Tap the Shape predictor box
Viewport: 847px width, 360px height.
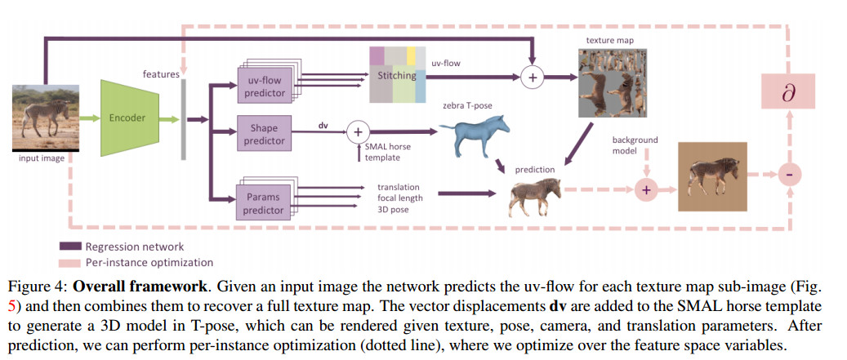click(265, 134)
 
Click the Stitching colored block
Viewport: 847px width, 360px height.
click(397, 75)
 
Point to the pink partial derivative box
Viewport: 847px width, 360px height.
click(788, 92)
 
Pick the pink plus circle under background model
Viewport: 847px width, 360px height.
click(646, 189)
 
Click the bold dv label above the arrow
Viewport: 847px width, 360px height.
click(323, 125)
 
